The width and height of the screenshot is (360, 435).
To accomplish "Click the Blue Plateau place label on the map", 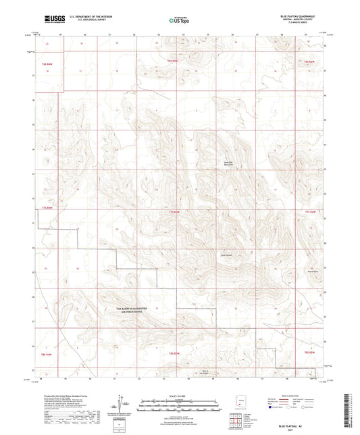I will [228, 255].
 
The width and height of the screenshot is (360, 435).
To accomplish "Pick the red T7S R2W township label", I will [310, 211].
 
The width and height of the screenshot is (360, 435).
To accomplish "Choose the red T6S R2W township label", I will [310, 61].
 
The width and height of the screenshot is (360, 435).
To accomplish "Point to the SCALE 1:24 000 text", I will [178, 395].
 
